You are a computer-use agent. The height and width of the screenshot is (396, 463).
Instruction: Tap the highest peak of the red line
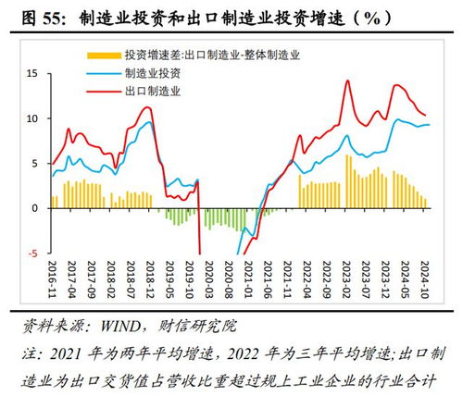coord(347,80)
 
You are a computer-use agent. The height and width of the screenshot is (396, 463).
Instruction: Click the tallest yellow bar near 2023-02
coord(347,181)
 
